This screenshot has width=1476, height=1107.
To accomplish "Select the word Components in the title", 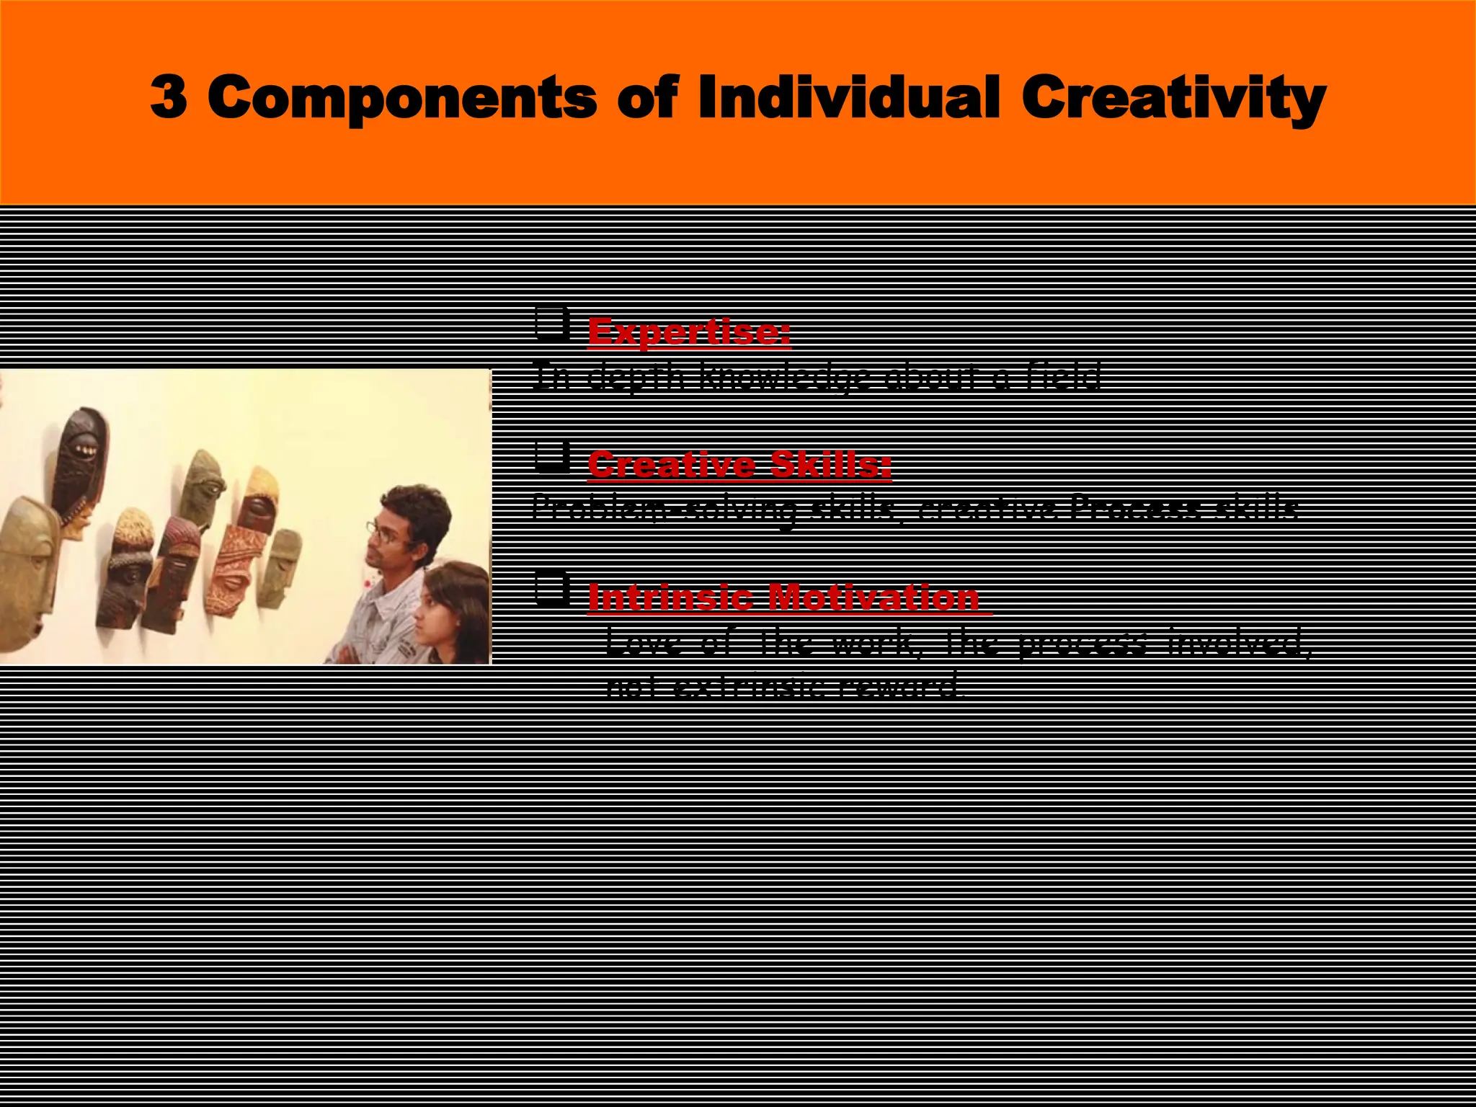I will pyautogui.click(x=401, y=99).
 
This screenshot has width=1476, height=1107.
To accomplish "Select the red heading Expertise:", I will pyautogui.click(x=688, y=332).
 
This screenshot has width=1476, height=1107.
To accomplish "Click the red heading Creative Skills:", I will pyautogui.click(x=739, y=464).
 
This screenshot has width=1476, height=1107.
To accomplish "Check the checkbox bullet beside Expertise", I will pyautogui.click(x=551, y=324).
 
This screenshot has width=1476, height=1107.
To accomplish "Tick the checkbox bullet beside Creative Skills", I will pyautogui.click(x=551, y=457).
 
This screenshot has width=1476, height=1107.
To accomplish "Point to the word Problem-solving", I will pyautogui.click(x=663, y=509).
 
